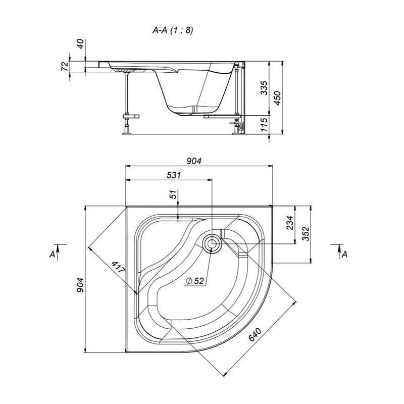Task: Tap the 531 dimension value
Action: click(x=173, y=175)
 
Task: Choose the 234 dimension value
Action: click(x=290, y=223)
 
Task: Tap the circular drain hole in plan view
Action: click(x=212, y=243)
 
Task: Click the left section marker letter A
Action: click(x=53, y=255)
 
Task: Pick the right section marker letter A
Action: click(x=345, y=255)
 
